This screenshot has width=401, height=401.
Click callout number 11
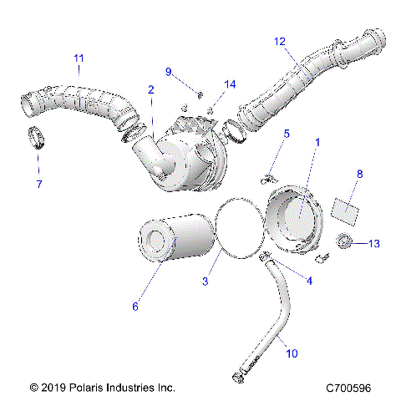tap(79, 58)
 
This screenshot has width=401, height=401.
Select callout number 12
tap(279, 41)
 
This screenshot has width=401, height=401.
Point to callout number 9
tap(168, 72)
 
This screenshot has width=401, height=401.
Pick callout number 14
tap(231, 84)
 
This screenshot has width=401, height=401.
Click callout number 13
tap(373, 243)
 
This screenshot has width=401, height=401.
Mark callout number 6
tap(135, 307)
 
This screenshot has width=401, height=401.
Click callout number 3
tap(206, 282)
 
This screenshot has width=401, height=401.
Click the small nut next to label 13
tap(343, 242)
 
